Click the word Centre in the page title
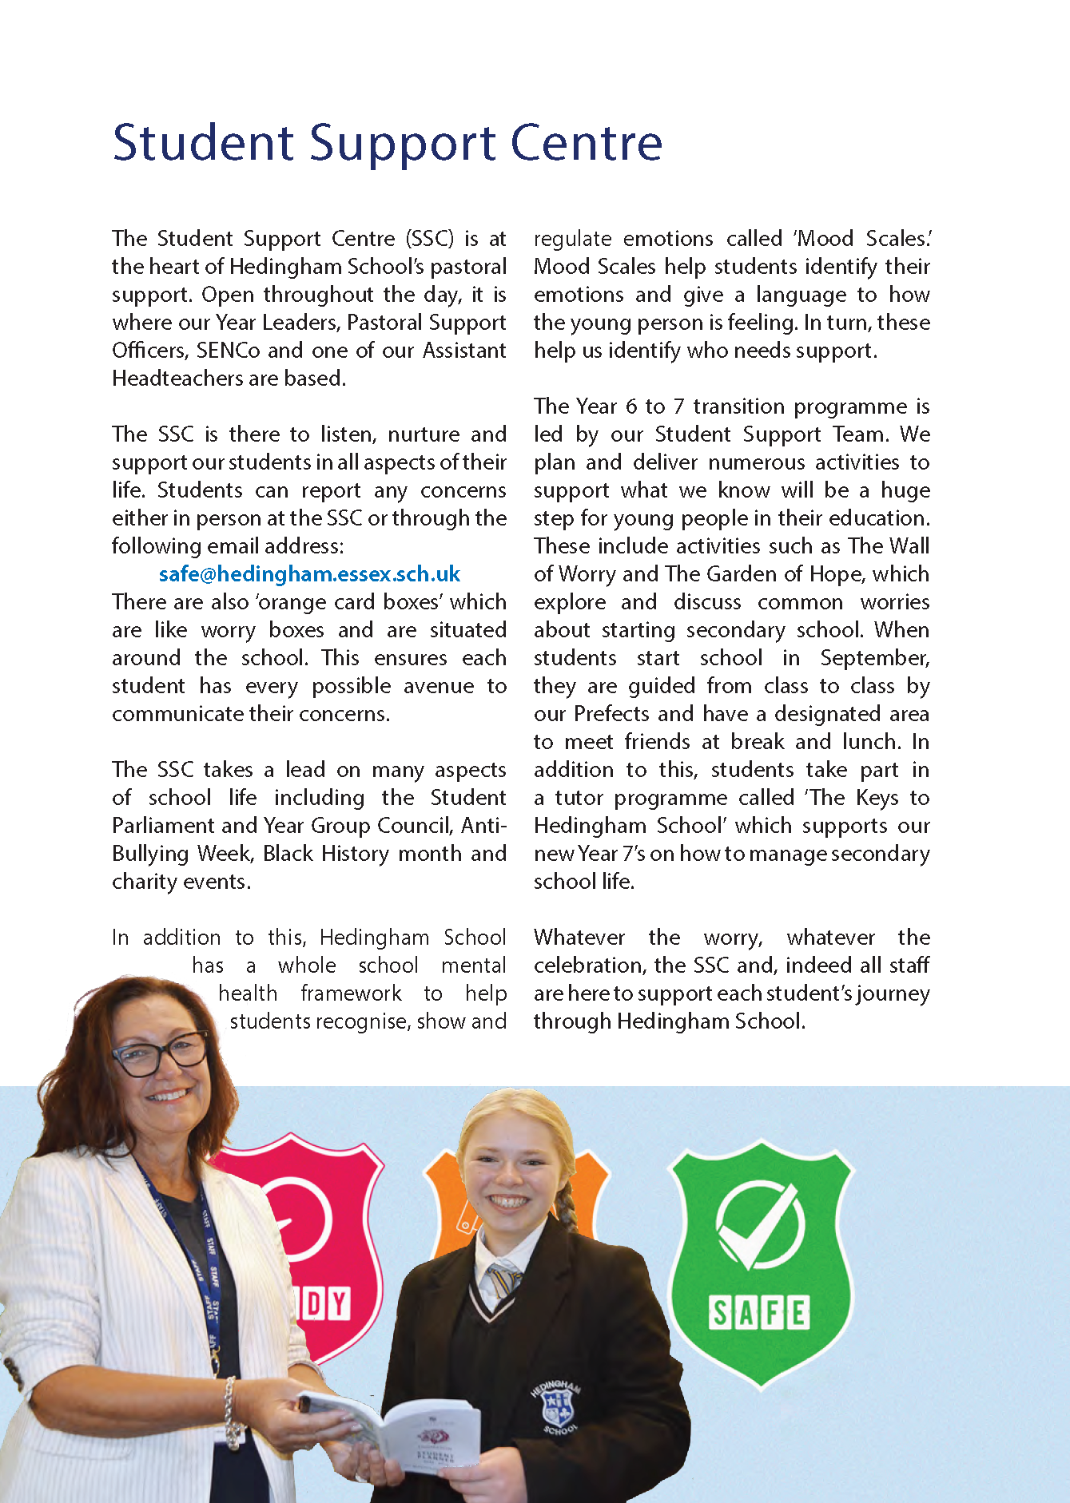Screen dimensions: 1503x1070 (x=587, y=144)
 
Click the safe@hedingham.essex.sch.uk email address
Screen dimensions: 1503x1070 (x=309, y=574)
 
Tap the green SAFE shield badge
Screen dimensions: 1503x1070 (x=760, y=1262)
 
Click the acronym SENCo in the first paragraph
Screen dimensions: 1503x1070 (x=228, y=351)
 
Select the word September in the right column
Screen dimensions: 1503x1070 (x=874, y=658)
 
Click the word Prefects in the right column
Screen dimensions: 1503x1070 (x=612, y=714)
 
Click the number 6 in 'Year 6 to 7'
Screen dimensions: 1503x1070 (x=631, y=406)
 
